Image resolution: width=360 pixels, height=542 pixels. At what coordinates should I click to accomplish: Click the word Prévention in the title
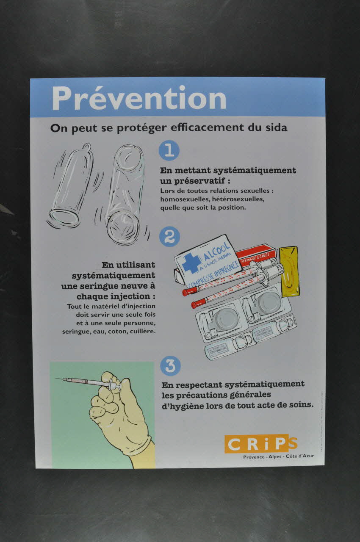[x=139, y=99]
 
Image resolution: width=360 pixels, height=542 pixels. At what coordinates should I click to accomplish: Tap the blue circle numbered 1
[x=169, y=150]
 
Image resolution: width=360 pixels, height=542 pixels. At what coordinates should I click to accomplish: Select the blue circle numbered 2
[x=169, y=237]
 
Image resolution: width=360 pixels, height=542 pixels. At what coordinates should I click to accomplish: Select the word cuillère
[x=142, y=331]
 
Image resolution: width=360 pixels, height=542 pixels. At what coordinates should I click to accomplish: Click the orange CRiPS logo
[x=260, y=444]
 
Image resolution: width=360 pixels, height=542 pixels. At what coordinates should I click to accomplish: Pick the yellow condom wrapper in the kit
[x=289, y=271]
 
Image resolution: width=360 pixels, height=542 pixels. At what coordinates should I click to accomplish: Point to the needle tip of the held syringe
[x=57, y=379]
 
